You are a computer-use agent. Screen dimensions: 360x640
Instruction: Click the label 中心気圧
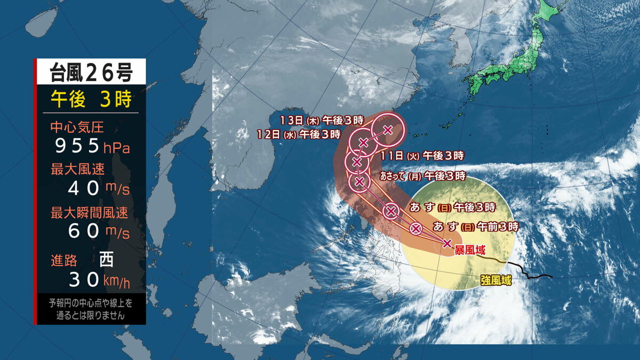point(77,127)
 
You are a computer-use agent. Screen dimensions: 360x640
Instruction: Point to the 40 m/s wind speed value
point(99,188)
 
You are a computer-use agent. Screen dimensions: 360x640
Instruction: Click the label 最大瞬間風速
point(89,213)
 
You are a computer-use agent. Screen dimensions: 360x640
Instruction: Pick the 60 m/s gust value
point(99,231)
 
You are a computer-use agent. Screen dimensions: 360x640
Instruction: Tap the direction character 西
point(107,260)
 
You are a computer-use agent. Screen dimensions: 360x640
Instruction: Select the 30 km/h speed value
point(99,279)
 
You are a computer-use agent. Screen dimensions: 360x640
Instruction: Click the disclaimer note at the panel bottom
point(90,309)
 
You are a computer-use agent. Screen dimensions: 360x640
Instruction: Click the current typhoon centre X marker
point(447,244)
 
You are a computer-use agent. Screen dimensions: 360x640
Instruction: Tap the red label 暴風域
point(469,250)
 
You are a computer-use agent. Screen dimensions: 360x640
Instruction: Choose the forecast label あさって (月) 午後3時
point(422,175)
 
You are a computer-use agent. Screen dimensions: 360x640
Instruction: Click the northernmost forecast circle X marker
point(388,129)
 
